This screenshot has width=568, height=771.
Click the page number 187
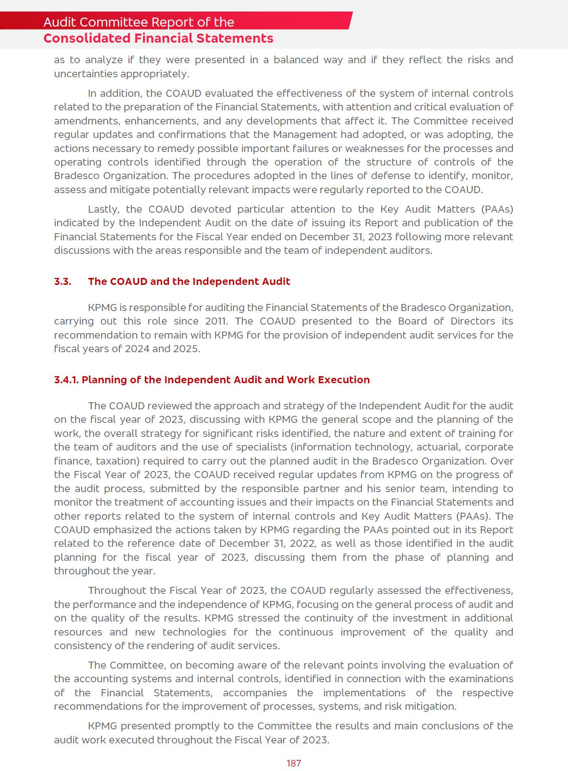[294, 763]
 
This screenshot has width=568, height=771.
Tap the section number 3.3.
[63, 281]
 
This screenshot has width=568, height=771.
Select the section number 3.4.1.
[66, 380]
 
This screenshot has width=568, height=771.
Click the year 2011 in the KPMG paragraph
[216, 321]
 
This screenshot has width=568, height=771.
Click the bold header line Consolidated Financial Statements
[158, 39]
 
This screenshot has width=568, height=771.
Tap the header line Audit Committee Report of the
[139, 22]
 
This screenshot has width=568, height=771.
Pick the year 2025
[185, 349]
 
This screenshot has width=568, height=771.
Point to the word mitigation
[432, 706]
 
